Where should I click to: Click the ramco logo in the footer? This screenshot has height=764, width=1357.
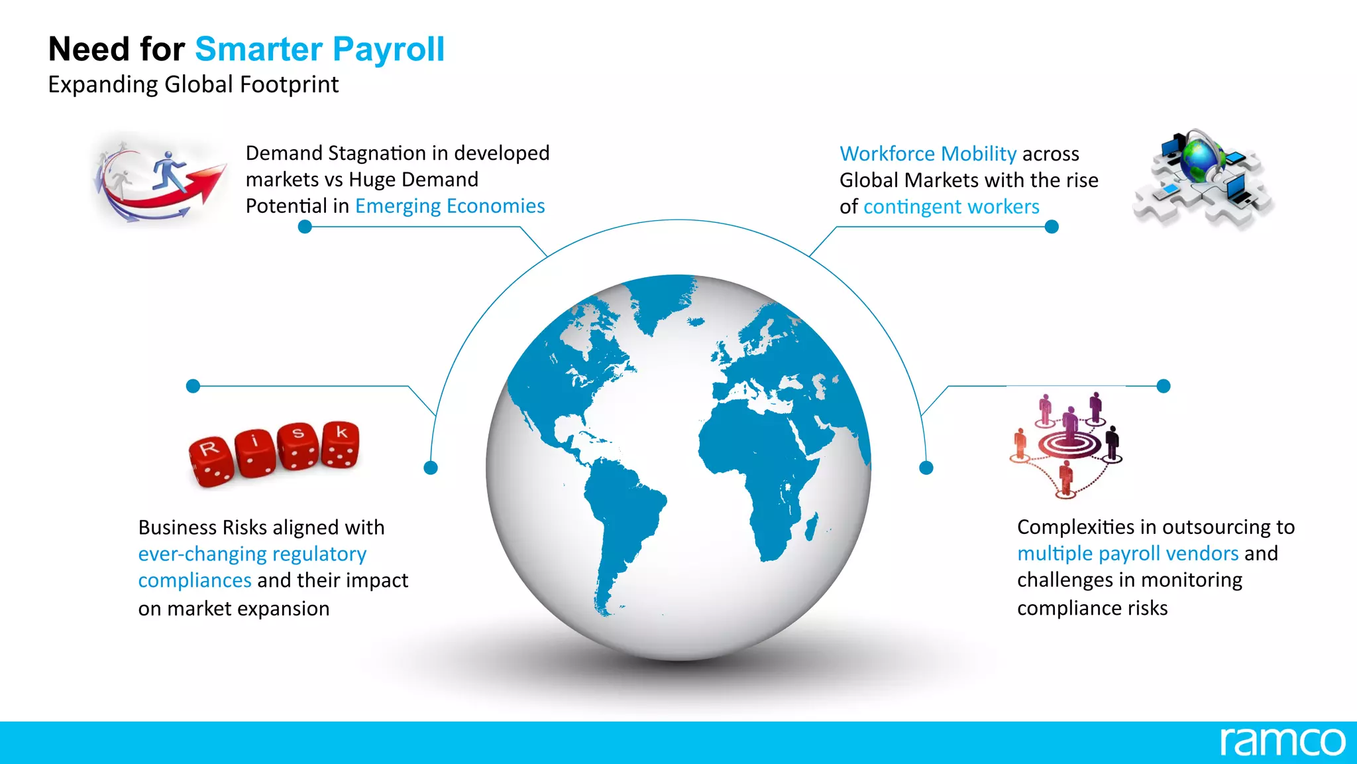pyautogui.click(x=1282, y=741)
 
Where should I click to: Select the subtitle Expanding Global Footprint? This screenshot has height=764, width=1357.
pyautogui.click(x=193, y=85)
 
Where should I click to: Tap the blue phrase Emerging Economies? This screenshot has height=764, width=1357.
pyautogui.click(x=450, y=206)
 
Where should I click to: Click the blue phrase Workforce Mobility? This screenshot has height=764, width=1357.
pyautogui.click(x=928, y=154)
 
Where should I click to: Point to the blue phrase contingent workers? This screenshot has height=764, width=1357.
pyautogui.click(x=951, y=207)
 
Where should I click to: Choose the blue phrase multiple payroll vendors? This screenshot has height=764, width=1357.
pyautogui.click(x=1128, y=553)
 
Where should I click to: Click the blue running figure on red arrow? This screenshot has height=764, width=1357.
pyautogui.click(x=169, y=169)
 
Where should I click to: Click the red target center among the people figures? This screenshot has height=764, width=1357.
pyautogui.click(x=1069, y=444)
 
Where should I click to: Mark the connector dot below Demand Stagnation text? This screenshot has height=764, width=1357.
pyautogui.click(x=305, y=227)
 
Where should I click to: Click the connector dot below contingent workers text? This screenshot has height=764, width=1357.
pyautogui.click(x=1052, y=227)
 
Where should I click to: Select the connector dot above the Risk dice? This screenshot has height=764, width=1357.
pyautogui.click(x=193, y=386)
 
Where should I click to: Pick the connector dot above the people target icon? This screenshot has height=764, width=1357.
pyautogui.click(x=1164, y=386)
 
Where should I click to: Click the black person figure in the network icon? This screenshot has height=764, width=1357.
pyautogui.click(x=1113, y=442)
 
